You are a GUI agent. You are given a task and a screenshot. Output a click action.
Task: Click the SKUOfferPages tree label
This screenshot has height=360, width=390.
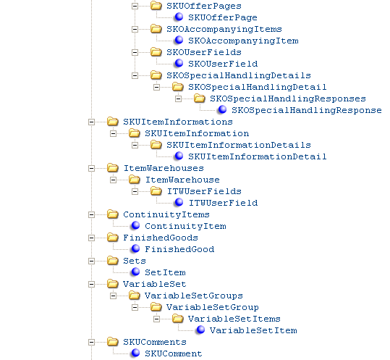(204, 6)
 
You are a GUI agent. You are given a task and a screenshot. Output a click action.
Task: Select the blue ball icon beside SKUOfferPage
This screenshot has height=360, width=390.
(179, 17)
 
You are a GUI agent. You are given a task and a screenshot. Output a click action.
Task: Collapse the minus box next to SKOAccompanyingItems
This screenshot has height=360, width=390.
(135, 30)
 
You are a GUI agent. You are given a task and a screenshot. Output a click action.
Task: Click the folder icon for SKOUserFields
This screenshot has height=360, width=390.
(156, 52)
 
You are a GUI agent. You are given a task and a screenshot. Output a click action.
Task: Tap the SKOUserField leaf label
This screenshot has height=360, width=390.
(223, 64)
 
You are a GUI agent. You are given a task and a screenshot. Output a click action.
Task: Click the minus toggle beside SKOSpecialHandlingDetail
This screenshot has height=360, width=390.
(156, 88)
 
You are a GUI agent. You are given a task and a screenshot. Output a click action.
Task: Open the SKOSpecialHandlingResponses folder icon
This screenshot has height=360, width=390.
(200, 99)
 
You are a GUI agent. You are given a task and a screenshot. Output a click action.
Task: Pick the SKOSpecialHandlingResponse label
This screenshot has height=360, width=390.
(307, 110)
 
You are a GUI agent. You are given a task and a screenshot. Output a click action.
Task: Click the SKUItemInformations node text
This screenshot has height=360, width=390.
(178, 122)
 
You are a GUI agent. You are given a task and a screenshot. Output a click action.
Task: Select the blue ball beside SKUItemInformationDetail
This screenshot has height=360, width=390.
(179, 156)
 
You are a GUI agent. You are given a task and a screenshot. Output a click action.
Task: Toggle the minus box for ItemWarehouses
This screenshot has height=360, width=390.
(91, 169)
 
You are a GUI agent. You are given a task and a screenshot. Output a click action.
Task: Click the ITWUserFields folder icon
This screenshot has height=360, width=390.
(156, 191)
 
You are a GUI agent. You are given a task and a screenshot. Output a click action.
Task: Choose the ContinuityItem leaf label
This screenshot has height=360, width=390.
(185, 226)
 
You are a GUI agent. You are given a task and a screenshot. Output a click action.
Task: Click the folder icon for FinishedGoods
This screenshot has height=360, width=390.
(113, 238)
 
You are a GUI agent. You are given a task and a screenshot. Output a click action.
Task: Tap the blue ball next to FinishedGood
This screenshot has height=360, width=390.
(135, 248)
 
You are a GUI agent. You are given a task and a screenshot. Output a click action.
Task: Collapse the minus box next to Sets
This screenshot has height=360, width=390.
(91, 261)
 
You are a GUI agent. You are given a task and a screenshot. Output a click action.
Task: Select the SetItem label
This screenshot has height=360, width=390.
(165, 272)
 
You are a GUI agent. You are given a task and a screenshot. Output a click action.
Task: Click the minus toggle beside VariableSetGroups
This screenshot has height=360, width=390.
(113, 296)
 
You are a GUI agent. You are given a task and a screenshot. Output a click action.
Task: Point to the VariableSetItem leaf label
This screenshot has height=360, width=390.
(253, 330)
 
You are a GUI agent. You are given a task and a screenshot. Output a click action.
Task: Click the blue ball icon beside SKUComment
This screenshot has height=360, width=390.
(135, 353)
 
